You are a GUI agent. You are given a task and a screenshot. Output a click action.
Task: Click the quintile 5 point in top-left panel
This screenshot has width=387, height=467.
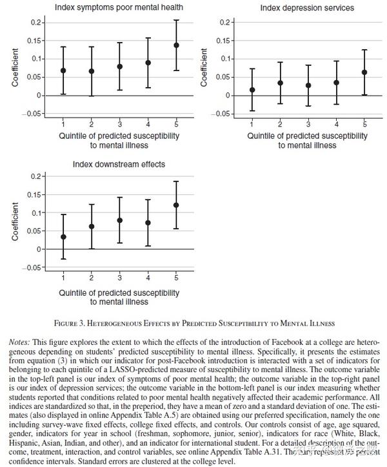tap(176, 45)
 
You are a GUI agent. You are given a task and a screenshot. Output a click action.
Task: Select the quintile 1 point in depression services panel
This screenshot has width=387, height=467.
tap(252, 90)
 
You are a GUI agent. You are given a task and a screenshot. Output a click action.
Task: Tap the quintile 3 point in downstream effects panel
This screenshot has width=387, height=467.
tap(119, 220)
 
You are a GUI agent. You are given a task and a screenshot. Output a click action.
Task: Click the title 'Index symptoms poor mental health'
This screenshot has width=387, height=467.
tap(119, 8)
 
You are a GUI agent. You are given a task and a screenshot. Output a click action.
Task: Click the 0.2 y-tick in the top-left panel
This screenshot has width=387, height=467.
tap(36, 23)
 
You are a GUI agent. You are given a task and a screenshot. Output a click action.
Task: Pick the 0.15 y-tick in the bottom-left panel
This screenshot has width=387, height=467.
tap(36, 194)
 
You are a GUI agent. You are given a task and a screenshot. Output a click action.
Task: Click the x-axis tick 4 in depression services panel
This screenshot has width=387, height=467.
tap(337, 123)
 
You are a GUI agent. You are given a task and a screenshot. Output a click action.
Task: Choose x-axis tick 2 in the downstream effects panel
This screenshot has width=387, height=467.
tap(91, 277)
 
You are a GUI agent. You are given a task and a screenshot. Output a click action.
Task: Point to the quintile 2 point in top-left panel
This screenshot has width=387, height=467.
tap(91, 71)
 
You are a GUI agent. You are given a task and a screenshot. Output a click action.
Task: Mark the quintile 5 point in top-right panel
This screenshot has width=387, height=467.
tap(364, 72)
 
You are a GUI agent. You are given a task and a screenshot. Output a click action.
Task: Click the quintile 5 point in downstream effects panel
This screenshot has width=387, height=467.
tap(176, 205)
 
